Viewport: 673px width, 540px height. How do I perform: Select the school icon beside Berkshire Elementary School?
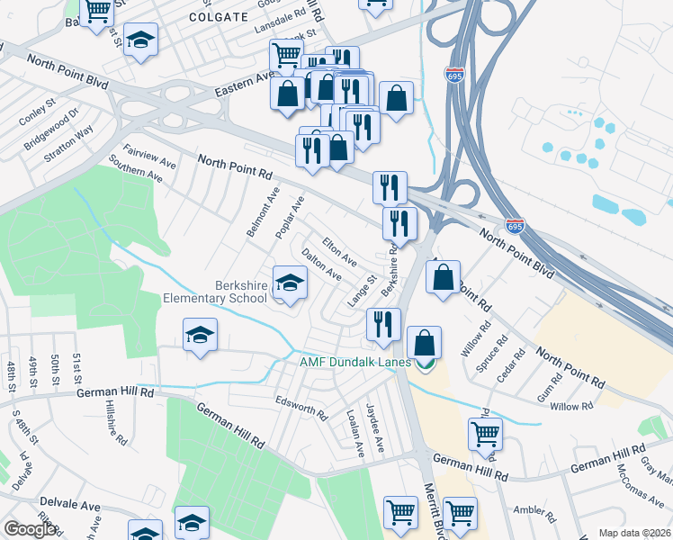tap(290, 284)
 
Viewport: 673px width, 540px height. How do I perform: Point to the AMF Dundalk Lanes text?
tap(354, 363)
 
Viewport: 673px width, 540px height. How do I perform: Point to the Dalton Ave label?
tap(321, 264)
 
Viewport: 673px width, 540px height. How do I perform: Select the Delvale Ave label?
tap(69, 507)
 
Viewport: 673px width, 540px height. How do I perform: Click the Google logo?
tap(30, 528)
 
